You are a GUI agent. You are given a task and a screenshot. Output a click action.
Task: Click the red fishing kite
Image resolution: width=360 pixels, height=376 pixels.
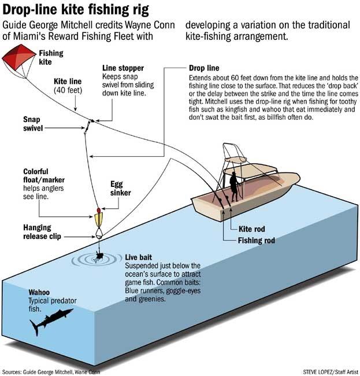tap(18, 57)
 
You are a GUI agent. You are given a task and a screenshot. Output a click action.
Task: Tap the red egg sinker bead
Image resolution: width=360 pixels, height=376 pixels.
tap(98, 211)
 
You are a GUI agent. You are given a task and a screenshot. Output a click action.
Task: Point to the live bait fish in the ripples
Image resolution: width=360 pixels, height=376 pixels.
tap(98, 257)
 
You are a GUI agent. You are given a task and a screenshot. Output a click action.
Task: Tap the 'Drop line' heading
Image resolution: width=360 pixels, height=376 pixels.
tap(204, 68)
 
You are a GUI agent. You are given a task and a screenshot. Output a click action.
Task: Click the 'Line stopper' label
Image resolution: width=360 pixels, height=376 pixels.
tap(123, 68)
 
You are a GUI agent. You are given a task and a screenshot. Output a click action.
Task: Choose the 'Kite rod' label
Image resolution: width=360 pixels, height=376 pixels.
tap(252, 229)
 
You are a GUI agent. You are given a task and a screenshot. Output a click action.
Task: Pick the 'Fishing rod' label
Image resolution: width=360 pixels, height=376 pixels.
tap(257, 240)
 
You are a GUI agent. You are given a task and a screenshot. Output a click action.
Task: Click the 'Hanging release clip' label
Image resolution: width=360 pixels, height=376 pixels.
tap(42, 232)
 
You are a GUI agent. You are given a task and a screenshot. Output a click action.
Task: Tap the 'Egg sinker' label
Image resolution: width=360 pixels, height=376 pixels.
tap(120, 189)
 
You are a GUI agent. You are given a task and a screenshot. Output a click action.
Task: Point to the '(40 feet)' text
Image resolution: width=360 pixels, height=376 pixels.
tap(68, 90)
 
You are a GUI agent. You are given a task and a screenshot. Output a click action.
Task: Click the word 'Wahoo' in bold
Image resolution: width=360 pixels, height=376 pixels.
tap(39, 292)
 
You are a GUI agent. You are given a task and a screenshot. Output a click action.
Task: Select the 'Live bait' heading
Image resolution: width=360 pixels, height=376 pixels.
tap(139, 257)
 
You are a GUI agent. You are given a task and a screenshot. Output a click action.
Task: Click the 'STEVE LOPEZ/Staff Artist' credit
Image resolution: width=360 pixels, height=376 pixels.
tap(331, 372)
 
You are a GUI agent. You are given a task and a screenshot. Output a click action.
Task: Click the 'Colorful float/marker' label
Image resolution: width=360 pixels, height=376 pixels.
tap(44, 175)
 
